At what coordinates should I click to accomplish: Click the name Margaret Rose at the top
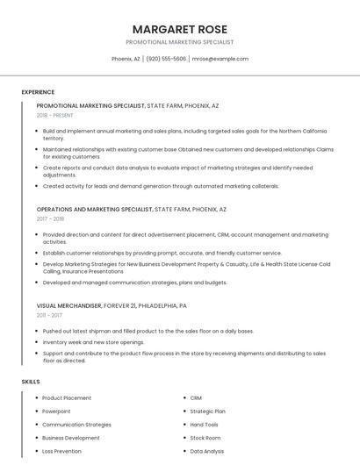click(179, 28)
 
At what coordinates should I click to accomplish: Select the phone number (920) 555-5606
click(166, 59)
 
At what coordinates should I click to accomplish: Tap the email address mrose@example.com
click(220, 59)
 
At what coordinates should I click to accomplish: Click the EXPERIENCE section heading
click(38, 92)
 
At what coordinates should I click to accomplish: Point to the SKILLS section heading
click(31, 382)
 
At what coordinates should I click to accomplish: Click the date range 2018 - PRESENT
click(54, 115)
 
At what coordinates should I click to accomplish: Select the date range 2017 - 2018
click(50, 219)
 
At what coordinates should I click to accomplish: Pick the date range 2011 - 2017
click(49, 315)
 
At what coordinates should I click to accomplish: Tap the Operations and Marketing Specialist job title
click(95, 210)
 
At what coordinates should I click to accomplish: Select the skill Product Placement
click(68, 397)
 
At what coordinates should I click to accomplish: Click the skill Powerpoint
click(56, 411)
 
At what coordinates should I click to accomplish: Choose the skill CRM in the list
click(196, 397)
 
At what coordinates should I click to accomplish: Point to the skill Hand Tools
click(205, 425)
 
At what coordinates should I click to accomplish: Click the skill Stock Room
click(205, 438)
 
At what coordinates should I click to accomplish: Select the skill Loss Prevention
click(61, 451)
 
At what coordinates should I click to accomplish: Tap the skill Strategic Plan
click(208, 411)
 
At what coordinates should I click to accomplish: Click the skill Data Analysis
click(207, 451)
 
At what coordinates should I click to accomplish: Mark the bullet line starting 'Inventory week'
click(93, 342)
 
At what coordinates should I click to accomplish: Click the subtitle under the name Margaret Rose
click(179, 41)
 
